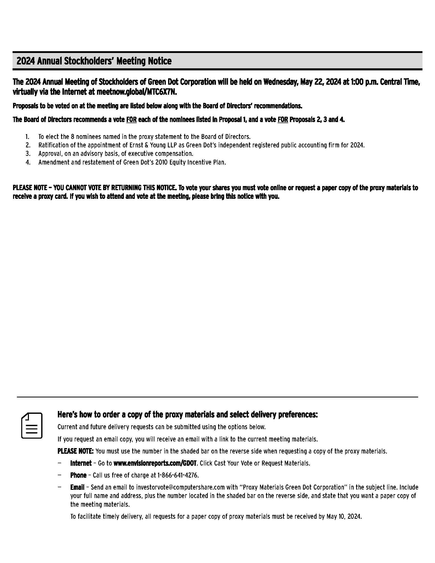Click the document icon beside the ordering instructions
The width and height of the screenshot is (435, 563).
32,425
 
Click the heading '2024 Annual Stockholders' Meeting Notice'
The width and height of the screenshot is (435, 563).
94,61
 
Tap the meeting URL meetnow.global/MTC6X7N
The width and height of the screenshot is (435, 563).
137,92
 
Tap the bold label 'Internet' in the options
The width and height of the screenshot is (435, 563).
81,463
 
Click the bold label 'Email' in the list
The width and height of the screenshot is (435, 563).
77,487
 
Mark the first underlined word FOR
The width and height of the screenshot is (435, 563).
131,120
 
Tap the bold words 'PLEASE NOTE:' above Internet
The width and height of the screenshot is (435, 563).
75,451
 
